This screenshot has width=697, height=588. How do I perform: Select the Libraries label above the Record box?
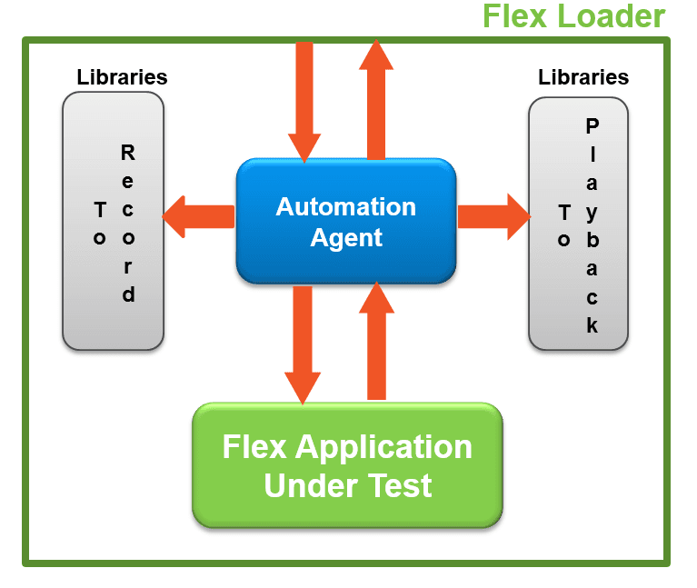pyautogui.click(x=122, y=77)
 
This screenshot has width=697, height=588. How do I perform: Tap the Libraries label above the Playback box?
pyautogui.click(x=583, y=77)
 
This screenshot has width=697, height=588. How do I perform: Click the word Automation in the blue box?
pyautogui.click(x=346, y=206)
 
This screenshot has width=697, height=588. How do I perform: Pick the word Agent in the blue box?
pyautogui.click(x=346, y=238)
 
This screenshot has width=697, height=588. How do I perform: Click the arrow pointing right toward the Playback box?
pyautogui.click(x=494, y=216)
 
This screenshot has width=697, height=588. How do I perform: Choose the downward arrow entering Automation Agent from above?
pyautogui.click(x=304, y=100)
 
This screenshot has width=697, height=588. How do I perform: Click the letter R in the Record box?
pyautogui.click(x=128, y=153)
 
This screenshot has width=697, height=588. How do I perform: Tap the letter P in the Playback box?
pyautogui.click(x=592, y=125)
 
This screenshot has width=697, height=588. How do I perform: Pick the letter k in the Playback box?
pyautogui.click(x=592, y=324)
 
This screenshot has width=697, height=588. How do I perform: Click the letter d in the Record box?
pyautogui.click(x=128, y=294)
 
